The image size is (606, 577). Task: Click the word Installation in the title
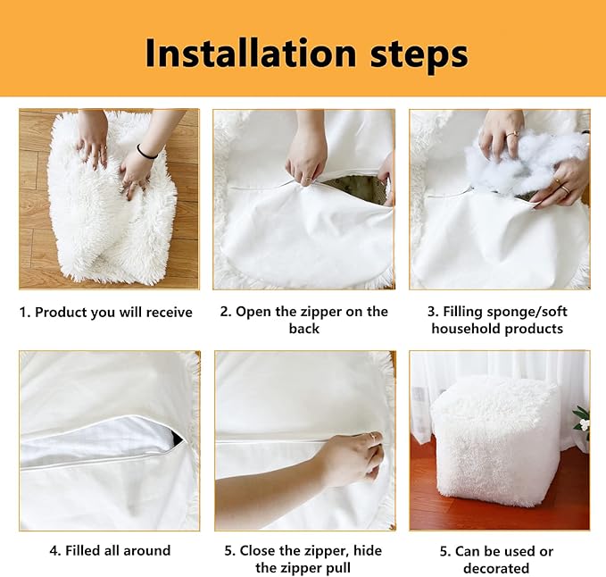[x=251, y=53]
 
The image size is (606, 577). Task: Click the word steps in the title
[x=419, y=56]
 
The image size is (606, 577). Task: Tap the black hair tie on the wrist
[x=146, y=152]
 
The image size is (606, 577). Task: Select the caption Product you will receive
[x=113, y=312]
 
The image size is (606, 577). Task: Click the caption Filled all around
[x=118, y=550]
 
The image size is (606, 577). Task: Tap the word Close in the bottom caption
[x=259, y=550]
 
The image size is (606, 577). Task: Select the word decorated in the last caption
[x=496, y=568]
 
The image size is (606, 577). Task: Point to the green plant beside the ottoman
[x=583, y=420]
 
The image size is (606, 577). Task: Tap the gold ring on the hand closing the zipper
[x=372, y=436]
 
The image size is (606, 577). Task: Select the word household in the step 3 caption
[x=466, y=329]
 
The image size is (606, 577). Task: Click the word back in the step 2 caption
[x=304, y=329]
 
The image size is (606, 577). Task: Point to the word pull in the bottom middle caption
[x=340, y=568]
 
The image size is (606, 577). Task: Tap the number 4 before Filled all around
[x=54, y=550]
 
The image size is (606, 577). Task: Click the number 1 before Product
[x=24, y=312]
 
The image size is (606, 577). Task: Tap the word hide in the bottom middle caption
[x=368, y=550]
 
